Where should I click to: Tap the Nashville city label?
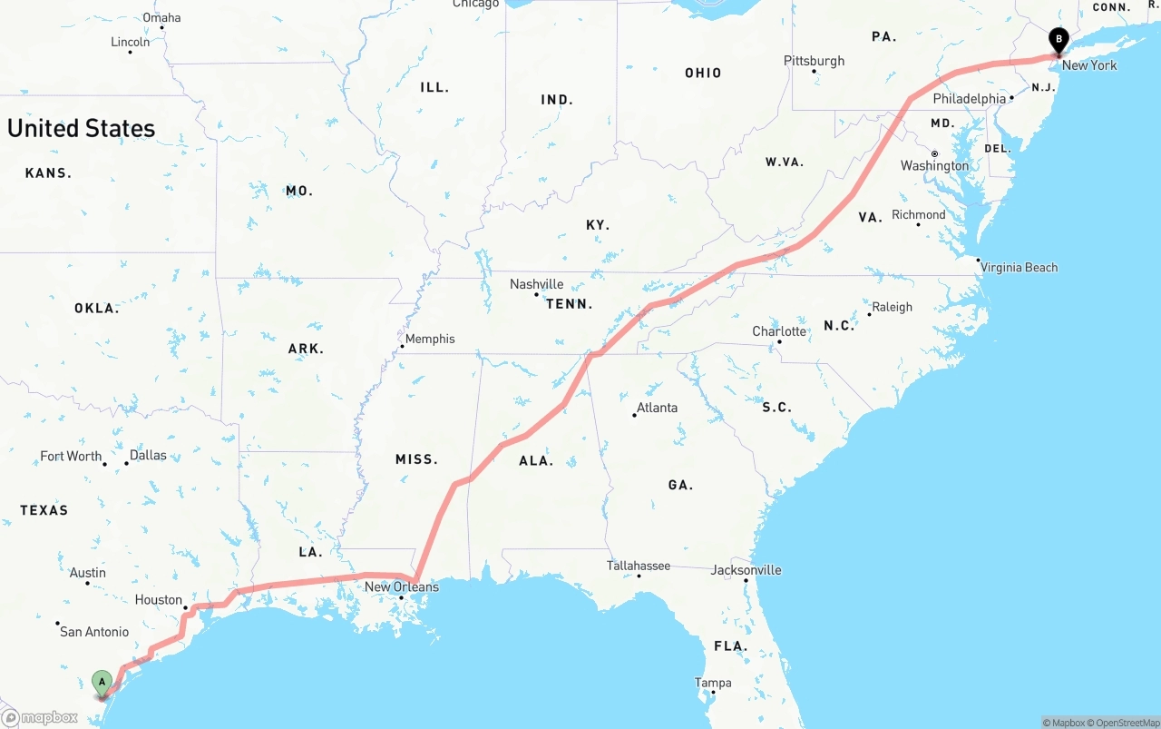(536, 284)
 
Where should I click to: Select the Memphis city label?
(430, 339)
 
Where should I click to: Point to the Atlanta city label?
(657, 408)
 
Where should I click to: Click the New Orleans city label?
(402, 586)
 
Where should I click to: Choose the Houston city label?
(159, 599)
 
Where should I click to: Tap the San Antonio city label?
(94, 631)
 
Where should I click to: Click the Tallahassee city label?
(639, 566)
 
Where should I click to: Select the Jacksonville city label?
(746, 570)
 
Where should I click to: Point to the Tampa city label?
(713, 683)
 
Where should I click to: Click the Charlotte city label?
(779, 331)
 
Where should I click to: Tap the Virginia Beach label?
(1019, 267)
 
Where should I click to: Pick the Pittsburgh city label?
(814, 61)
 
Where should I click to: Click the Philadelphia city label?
(970, 98)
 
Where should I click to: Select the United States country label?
(82, 128)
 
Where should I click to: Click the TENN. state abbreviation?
(570, 304)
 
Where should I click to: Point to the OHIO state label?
(703, 73)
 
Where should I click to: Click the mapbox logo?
(41, 717)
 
